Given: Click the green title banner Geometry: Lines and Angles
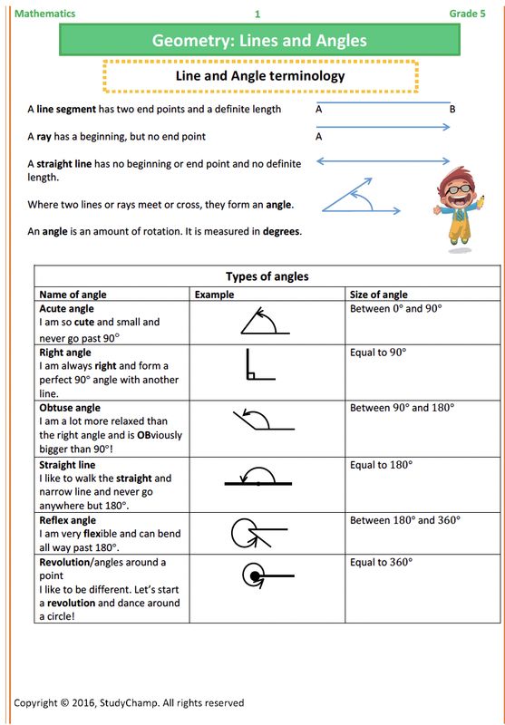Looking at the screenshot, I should coord(259,41).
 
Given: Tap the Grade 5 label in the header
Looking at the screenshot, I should coord(468,14).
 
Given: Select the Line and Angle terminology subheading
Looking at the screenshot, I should coord(260,76).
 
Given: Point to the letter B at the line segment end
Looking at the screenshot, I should coord(452,110).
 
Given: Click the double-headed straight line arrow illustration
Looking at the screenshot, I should coord(382,163).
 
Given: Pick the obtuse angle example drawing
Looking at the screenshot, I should coord(262,420).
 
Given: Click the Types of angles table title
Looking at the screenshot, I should coord(267,276).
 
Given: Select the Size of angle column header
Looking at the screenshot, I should coord(378,295).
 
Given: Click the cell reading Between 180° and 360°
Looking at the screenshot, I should coord(404,520).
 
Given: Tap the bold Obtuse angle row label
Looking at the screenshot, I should coord(70,408).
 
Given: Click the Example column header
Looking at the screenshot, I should coord(214,295).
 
